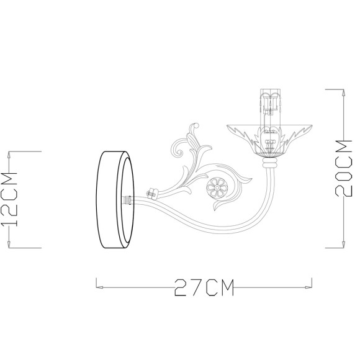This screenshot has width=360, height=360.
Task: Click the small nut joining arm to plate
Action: [x=151, y=194]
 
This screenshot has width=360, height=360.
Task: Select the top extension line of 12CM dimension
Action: [x=25, y=150]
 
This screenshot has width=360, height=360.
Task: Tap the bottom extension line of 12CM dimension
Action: [x=25, y=247]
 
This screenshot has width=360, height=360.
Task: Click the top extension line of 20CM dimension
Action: [x=335, y=89]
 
